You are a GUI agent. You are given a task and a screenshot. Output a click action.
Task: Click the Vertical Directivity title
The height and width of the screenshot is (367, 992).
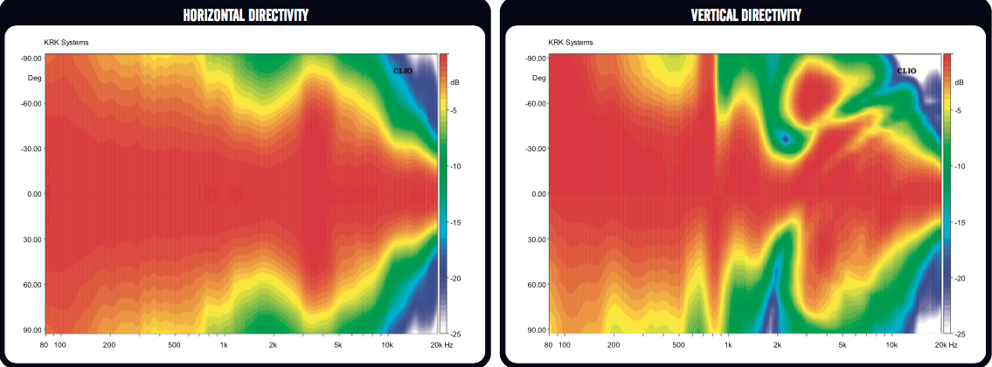(746, 16)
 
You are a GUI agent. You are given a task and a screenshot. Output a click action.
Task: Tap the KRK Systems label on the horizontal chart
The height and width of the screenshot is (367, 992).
(66, 42)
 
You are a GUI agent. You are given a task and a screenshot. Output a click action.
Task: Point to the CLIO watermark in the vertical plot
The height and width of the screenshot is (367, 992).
(906, 70)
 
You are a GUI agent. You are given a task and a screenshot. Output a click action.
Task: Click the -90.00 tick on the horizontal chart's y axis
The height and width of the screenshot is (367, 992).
(31, 59)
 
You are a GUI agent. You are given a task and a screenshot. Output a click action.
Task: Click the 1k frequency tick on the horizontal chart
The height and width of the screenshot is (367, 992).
(224, 345)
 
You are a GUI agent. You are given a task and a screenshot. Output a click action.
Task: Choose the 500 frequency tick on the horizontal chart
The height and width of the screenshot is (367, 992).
(175, 345)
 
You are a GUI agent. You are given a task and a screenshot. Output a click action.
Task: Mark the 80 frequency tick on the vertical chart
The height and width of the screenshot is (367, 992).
(549, 345)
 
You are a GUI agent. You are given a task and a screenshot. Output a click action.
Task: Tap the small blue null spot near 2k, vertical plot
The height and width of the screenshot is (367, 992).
(785, 138)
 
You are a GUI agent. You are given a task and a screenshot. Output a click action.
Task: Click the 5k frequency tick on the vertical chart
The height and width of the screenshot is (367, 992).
(843, 345)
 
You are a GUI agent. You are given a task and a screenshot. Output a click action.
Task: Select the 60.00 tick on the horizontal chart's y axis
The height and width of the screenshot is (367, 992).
(33, 285)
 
